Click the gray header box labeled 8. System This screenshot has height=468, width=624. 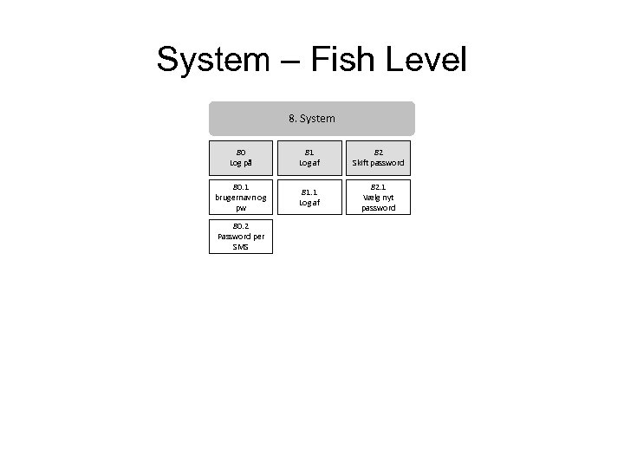click(x=312, y=118)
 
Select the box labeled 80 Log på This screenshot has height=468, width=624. click(x=241, y=157)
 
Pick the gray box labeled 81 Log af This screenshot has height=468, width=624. click(x=312, y=157)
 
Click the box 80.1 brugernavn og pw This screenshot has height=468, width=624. click(x=241, y=197)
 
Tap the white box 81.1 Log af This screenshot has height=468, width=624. click(x=312, y=197)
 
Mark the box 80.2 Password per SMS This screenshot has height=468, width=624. click(x=241, y=237)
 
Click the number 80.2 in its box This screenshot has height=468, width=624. click(x=241, y=225)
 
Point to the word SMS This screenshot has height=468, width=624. click(x=241, y=247)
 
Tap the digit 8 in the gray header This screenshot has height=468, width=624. click(x=290, y=118)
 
